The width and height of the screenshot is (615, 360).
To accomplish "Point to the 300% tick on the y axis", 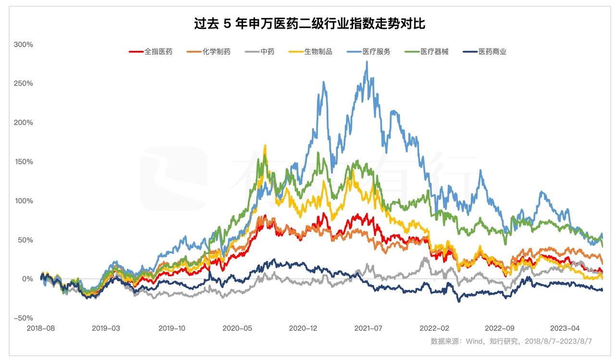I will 23,44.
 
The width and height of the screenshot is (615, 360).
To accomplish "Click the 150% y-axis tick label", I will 23,161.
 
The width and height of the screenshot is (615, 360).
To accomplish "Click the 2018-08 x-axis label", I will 40,329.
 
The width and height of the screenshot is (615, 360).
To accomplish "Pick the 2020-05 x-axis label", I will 237,329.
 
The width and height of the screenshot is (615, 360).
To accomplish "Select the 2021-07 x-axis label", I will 369,329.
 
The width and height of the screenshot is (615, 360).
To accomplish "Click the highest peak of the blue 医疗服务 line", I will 367,62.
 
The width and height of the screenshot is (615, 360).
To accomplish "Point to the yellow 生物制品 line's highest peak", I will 265,145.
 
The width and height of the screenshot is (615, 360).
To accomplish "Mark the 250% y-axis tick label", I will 23,83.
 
